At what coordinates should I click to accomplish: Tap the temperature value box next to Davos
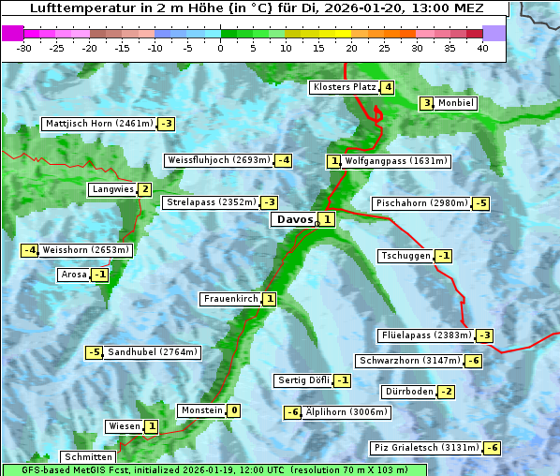click(x=326, y=220)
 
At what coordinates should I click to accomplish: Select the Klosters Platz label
click(x=344, y=87)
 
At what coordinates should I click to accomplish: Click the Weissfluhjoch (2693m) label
click(x=219, y=160)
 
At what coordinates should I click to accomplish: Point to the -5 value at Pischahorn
click(x=481, y=203)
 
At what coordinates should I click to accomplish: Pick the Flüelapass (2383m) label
click(x=426, y=335)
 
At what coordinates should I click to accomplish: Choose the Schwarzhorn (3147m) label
click(x=410, y=361)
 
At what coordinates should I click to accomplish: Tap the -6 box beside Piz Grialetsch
click(x=492, y=448)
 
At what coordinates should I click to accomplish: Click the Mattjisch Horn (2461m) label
click(x=98, y=124)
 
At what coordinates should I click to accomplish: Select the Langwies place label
click(x=112, y=189)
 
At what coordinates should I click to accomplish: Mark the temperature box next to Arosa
click(x=100, y=275)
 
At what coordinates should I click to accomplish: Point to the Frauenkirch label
click(x=230, y=299)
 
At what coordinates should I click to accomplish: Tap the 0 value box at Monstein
click(x=234, y=410)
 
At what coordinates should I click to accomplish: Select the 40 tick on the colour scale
click(x=482, y=48)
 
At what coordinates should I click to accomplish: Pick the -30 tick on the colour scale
click(x=24, y=48)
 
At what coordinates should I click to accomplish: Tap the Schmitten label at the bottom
click(x=87, y=457)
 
